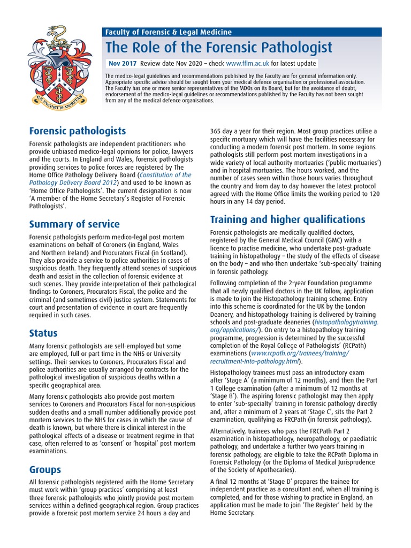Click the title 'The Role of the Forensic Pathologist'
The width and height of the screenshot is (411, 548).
(x=220, y=47)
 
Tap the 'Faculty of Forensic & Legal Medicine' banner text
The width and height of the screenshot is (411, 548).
(x=169, y=32)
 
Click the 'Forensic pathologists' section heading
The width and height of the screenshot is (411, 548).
(x=78, y=131)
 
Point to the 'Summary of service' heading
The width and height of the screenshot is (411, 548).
(x=74, y=224)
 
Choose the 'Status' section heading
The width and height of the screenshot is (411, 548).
(x=43, y=332)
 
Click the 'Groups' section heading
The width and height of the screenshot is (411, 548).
(x=45, y=469)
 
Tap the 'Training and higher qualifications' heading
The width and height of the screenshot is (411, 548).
(x=288, y=219)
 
